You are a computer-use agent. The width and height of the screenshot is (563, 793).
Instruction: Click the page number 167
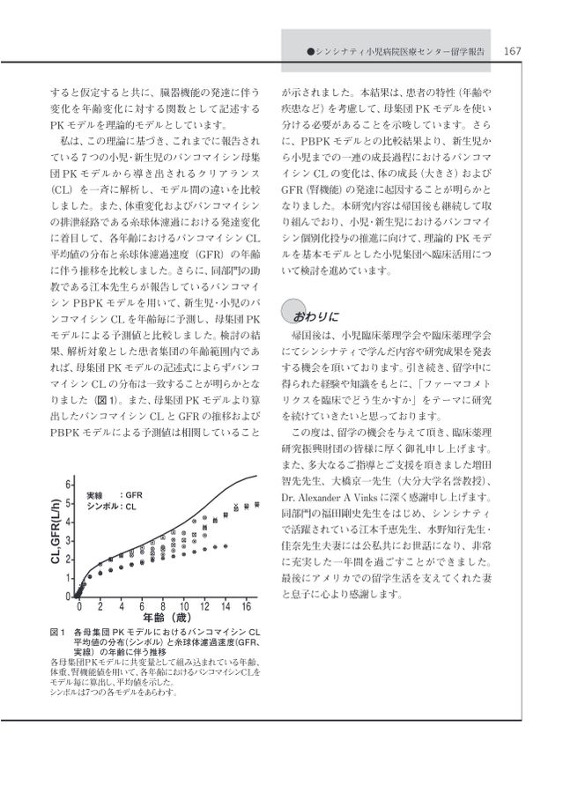pyautogui.click(x=512, y=51)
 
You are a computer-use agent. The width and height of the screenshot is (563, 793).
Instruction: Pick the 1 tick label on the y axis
pyautogui.click(x=69, y=578)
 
